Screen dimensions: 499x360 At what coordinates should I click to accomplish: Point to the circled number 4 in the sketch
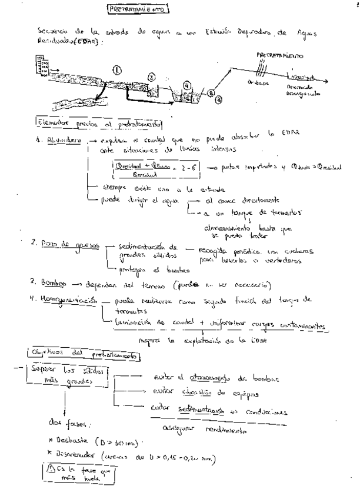(x=187, y=84)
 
